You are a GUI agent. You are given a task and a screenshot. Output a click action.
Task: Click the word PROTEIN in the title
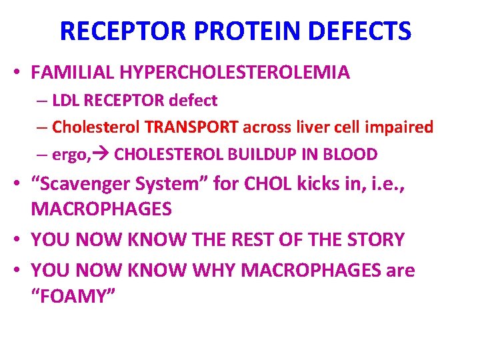pos(237,31)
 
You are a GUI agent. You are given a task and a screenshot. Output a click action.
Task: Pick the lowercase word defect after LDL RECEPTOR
pos(193,101)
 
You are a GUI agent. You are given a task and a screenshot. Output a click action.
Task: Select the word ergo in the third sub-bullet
pos(68,155)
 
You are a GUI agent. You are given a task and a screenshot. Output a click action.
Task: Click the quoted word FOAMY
pos(73,297)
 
